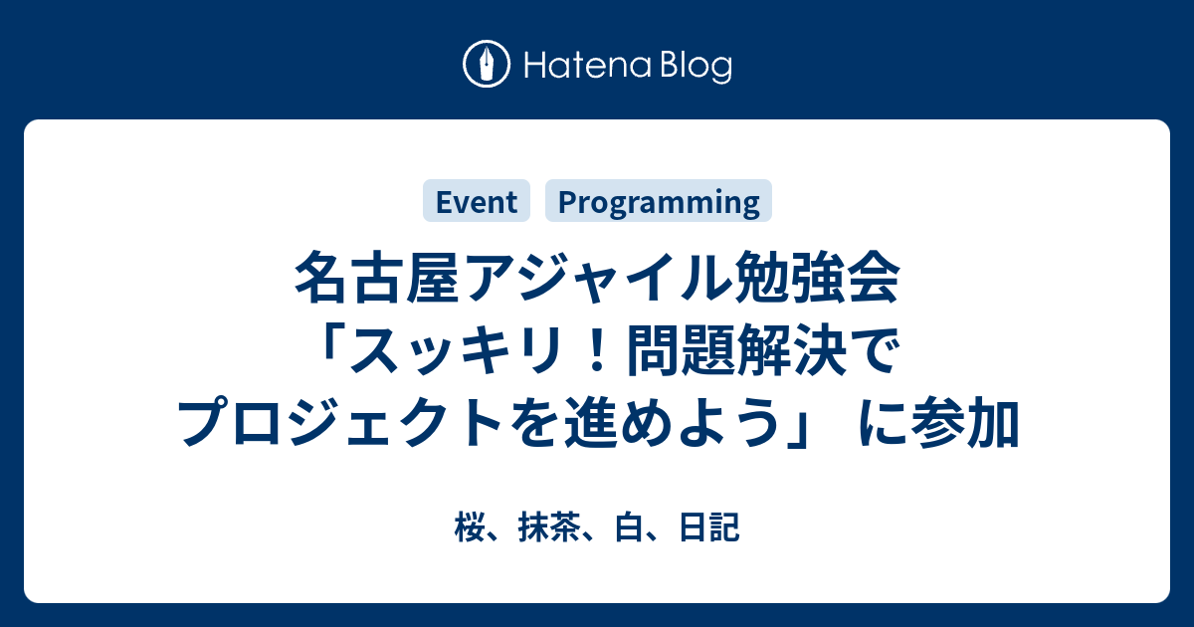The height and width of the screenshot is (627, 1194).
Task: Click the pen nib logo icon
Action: [487, 64]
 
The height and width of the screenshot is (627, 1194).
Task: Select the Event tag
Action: [477, 201]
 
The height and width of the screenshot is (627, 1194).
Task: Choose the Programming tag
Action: [659, 201]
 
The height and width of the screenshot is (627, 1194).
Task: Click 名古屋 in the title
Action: [377, 278]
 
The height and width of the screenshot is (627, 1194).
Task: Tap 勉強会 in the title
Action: [818, 278]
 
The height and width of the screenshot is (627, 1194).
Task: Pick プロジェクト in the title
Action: [339, 421]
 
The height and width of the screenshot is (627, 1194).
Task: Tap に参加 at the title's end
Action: [939, 421]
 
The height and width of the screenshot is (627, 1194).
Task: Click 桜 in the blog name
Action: [470, 527]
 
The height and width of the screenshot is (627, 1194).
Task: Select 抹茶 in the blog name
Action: [549, 527]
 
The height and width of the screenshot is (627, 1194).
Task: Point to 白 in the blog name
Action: [629, 527]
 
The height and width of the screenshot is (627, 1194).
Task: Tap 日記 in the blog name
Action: [708, 527]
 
